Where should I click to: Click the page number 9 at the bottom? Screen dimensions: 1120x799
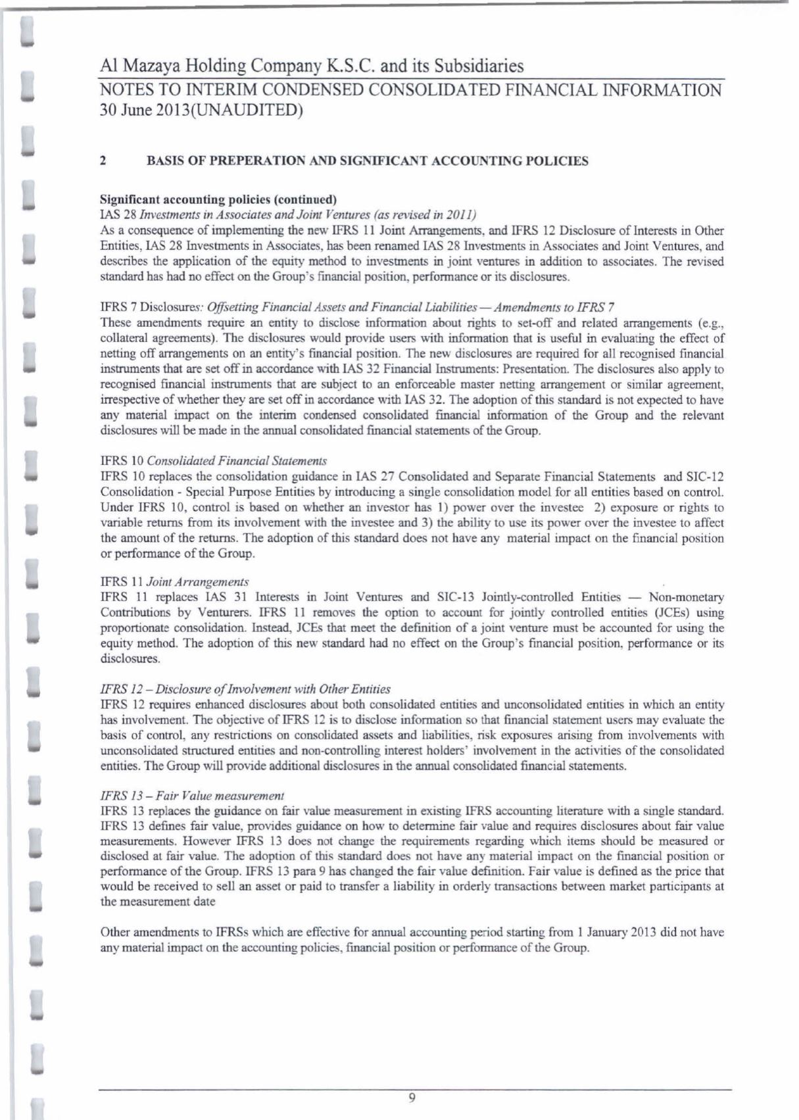click(412, 1097)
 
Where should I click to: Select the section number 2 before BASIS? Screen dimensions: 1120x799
click(103, 161)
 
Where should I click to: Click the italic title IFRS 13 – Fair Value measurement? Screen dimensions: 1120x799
click(192, 796)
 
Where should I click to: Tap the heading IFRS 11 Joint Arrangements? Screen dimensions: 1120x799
click(174, 582)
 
